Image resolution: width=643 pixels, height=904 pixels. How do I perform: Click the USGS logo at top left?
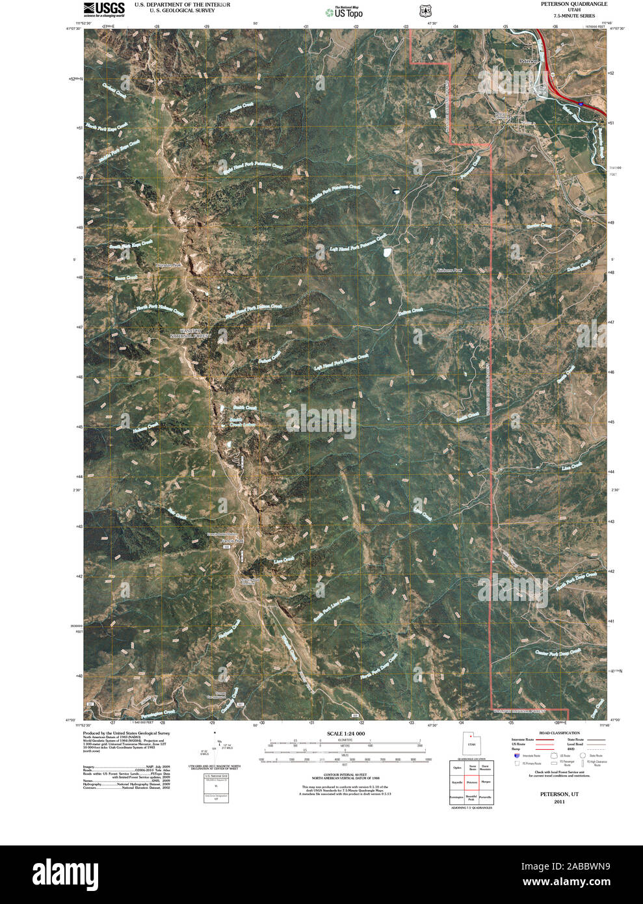click(104, 8)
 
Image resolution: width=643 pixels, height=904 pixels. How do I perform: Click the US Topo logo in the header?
click(344, 12)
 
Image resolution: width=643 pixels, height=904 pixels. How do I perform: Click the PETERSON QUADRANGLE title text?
click(573, 4)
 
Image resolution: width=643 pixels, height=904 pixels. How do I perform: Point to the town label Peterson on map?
click(529, 60)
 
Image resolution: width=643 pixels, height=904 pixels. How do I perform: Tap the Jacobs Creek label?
click(241, 108)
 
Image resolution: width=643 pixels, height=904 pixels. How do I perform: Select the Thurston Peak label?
click(170, 265)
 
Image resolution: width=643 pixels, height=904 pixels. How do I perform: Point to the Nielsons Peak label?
click(449, 270)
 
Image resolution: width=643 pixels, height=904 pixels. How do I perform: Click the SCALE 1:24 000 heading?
click(345, 734)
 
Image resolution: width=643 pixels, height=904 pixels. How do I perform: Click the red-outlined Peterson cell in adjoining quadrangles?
click(471, 782)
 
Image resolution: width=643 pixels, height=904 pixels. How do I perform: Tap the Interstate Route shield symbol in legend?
click(516, 756)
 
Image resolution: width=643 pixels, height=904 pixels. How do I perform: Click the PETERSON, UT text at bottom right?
click(559, 794)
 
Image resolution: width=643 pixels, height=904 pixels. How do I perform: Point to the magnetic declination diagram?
click(217, 748)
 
